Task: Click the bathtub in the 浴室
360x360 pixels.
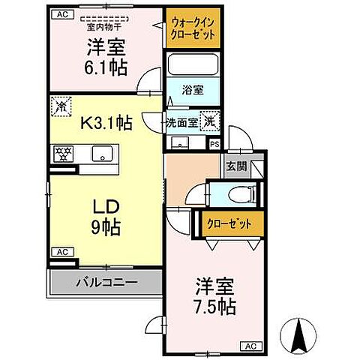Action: pyautogui.click(x=193, y=64)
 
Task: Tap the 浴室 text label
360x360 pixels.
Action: pyautogui.click(x=193, y=90)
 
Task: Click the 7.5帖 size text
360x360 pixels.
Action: pyautogui.click(x=214, y=307)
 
